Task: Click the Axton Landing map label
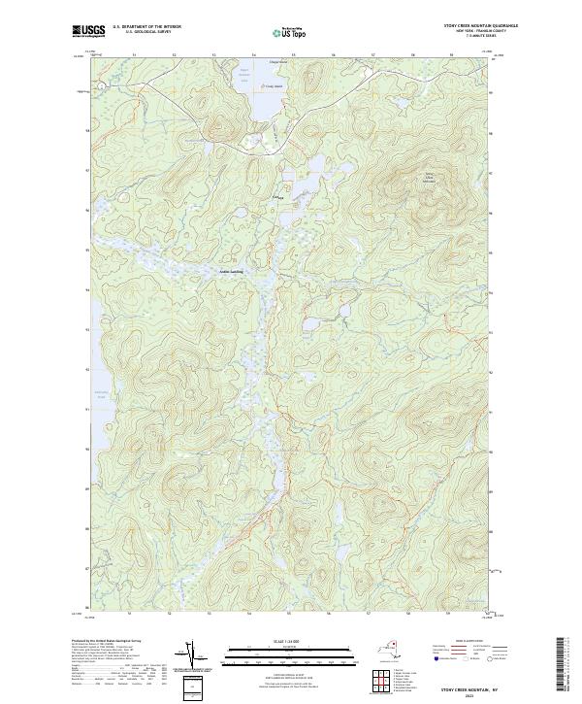tap(231, 271)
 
